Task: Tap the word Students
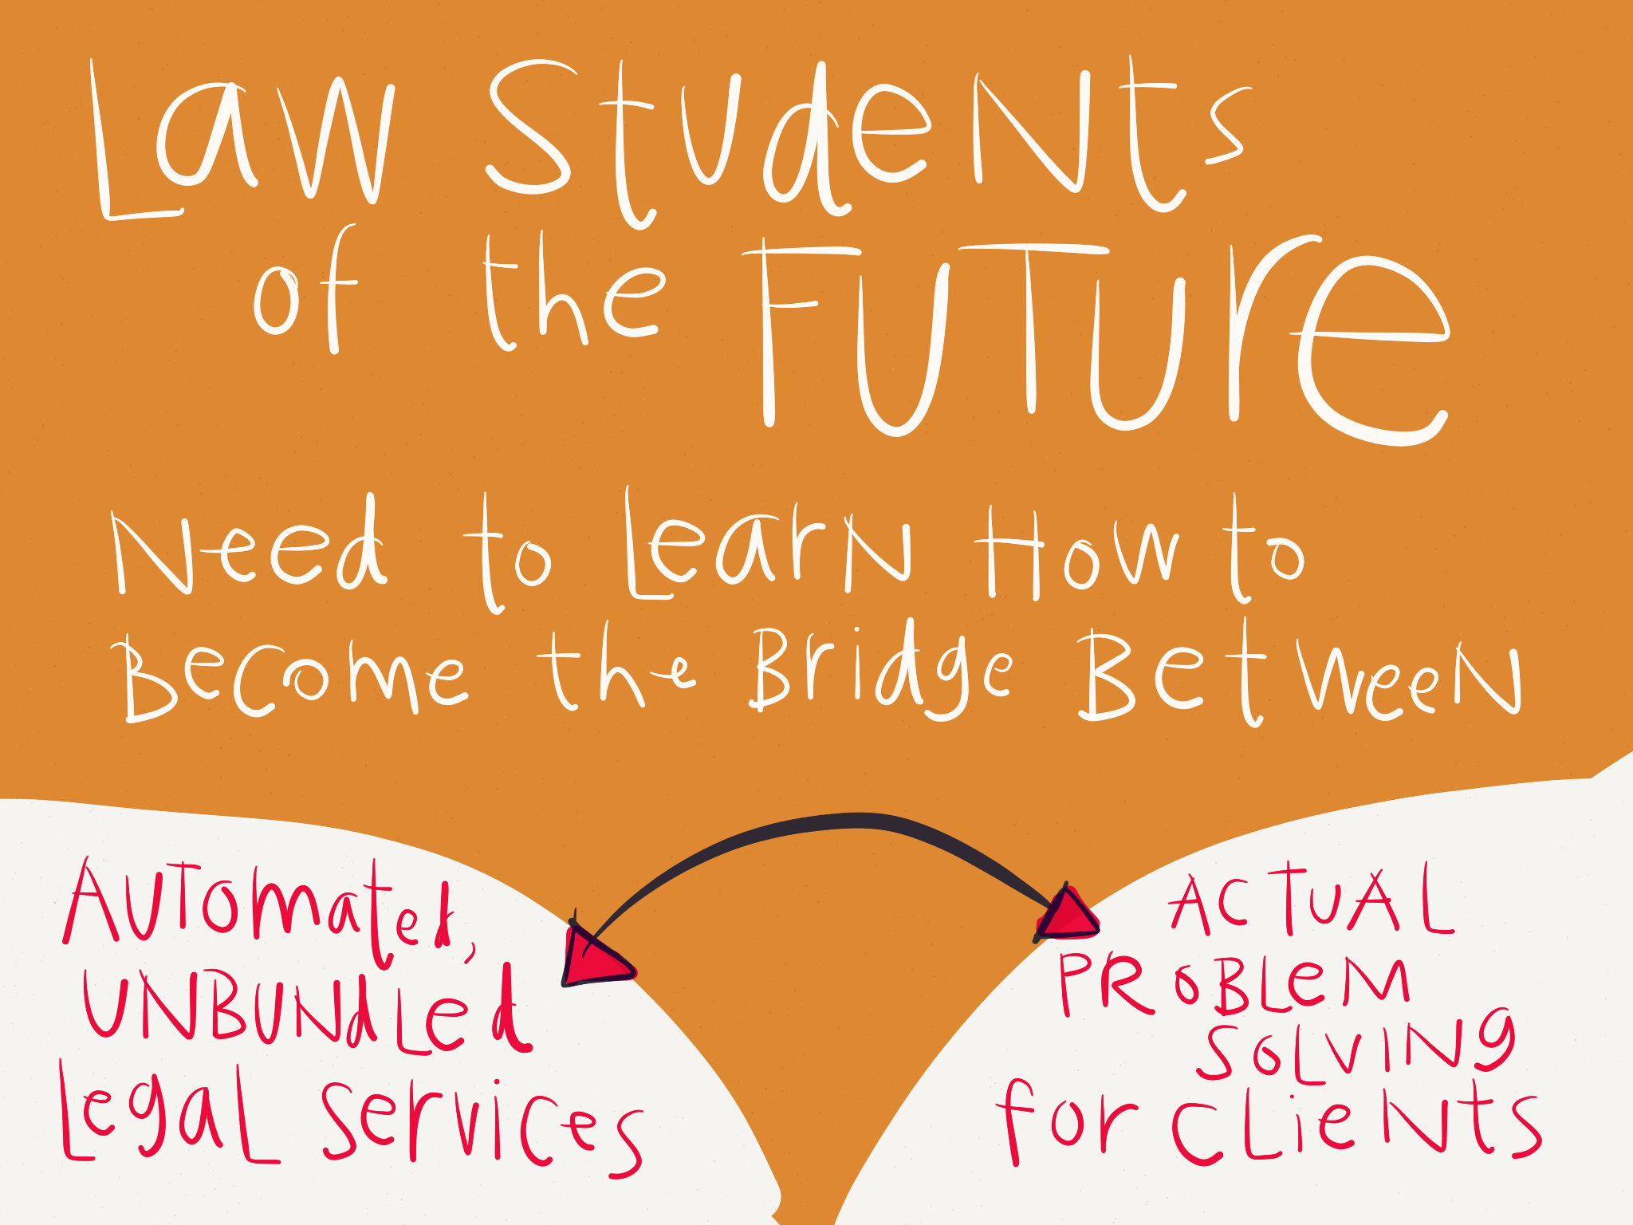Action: (x=865, y=140)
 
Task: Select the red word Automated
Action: (x=271, y=914)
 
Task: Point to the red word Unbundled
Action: (x=308, y=1008)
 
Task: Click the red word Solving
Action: (x=1356, y=1045)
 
